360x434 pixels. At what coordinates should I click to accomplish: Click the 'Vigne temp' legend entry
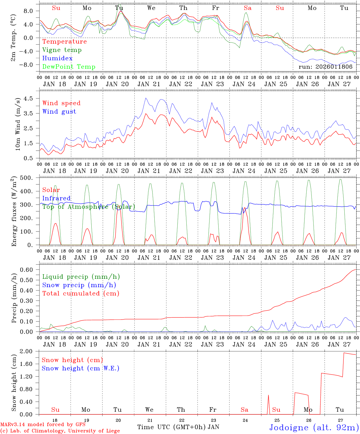pos(62,50)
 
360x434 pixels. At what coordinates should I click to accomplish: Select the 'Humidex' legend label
pos(57,58)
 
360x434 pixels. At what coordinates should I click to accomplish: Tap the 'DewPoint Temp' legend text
pos(69,67)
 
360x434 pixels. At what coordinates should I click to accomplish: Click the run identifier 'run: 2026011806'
pos(325,67)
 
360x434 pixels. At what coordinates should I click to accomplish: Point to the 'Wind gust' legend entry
pos(59,112)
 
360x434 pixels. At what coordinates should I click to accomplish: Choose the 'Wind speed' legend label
pos(61,103)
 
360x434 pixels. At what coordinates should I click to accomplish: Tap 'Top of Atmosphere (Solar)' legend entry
pos(88,207)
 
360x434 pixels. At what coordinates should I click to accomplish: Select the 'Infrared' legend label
pos(56,198)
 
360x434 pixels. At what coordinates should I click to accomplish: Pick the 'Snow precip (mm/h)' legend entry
pos(79,285)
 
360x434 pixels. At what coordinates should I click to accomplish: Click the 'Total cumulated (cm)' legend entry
pos(81,294)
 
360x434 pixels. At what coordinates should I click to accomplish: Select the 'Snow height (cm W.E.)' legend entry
pos(80,368)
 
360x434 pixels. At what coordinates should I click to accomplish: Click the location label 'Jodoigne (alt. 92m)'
pos(314,427)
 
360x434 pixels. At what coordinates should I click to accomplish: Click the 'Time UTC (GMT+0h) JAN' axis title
pos(178,427)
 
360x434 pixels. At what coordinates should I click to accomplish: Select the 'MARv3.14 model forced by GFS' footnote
pos(43,425)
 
